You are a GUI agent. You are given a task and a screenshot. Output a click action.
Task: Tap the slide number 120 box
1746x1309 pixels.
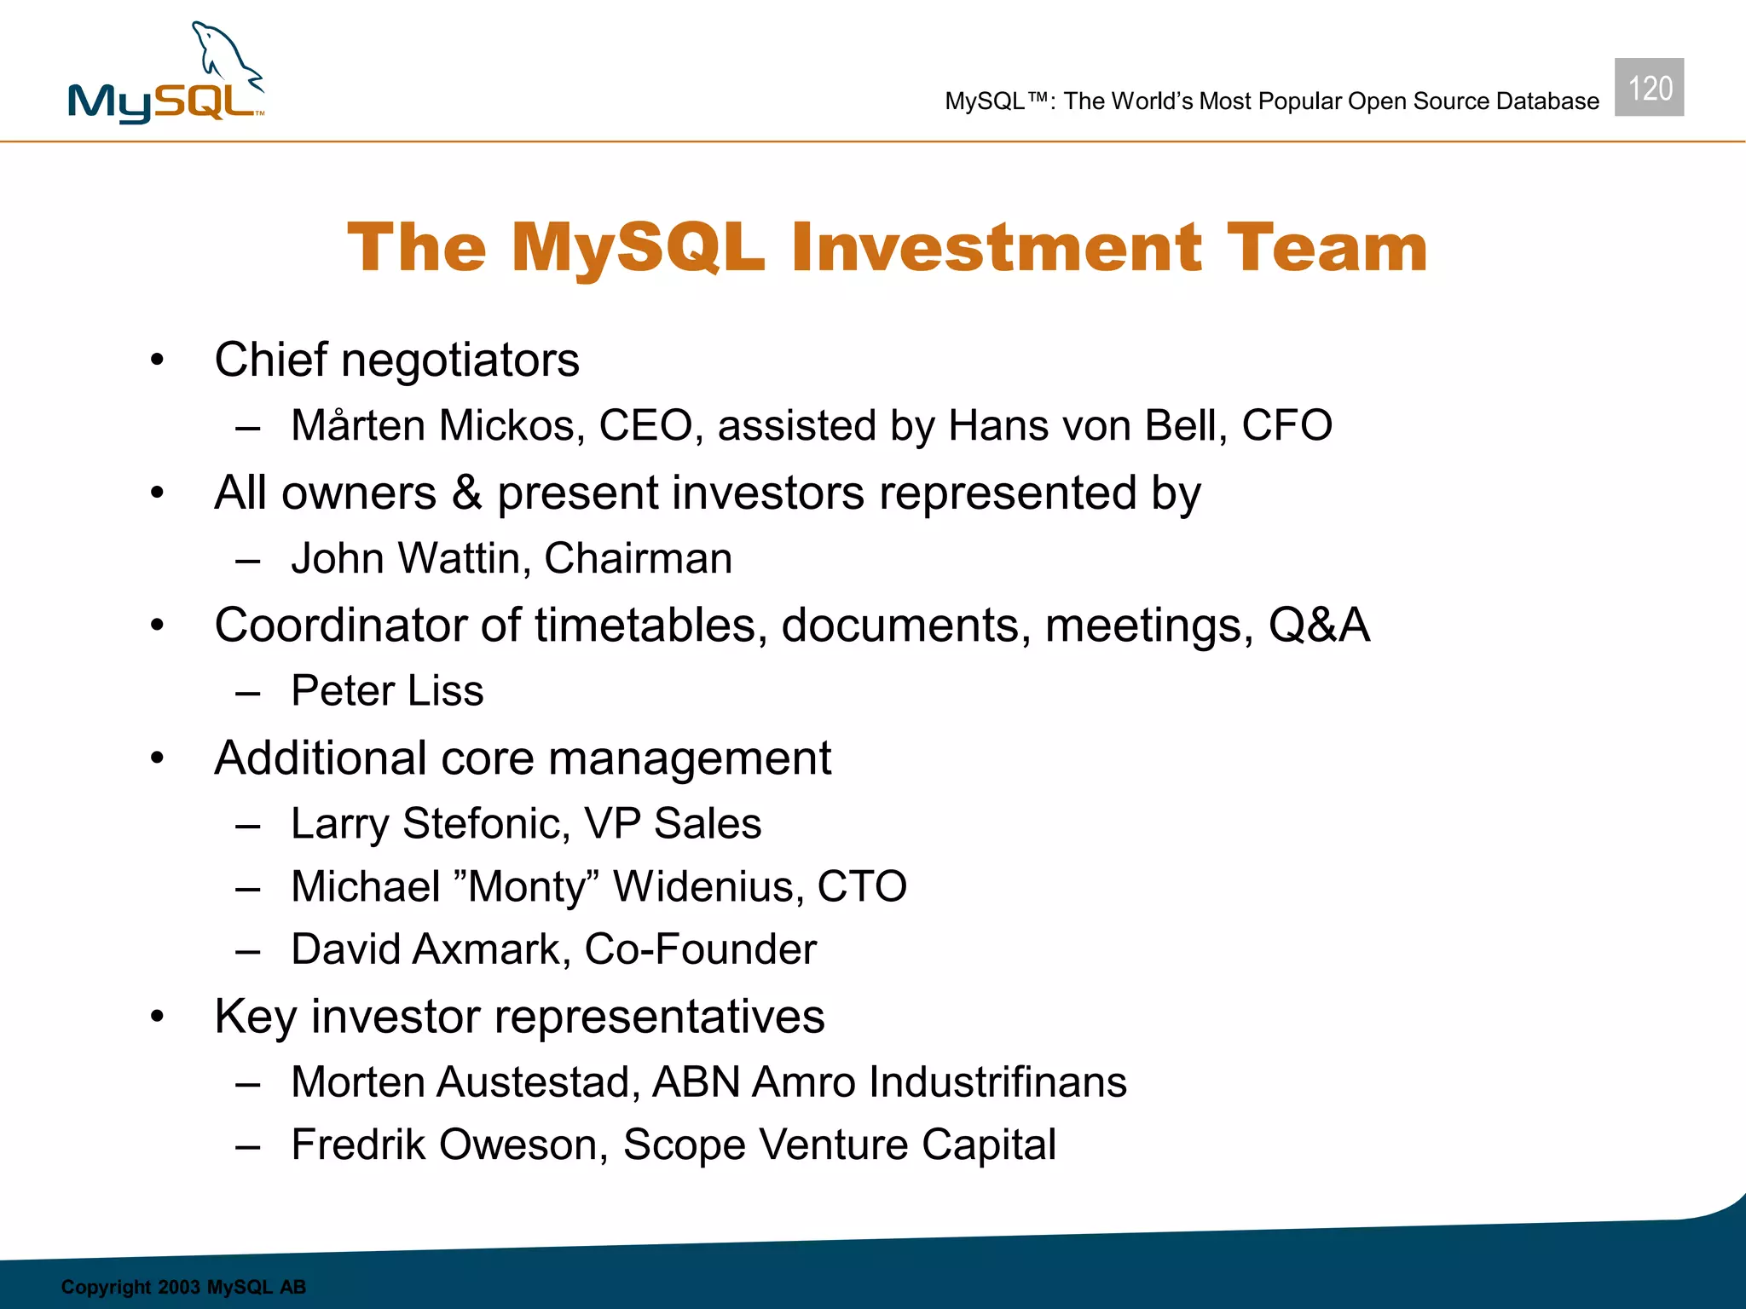point(1649,88)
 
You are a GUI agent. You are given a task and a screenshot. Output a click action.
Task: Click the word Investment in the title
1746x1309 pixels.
point(997,248)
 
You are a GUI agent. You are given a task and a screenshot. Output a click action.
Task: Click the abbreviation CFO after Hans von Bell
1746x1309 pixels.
point(1286,425)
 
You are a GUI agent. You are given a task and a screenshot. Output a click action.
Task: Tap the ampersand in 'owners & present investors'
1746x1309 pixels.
point(466,493)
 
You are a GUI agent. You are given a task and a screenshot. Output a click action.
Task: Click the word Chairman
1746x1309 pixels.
point(638,559)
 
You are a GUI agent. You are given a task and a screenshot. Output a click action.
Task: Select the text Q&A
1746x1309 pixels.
point(1318,625)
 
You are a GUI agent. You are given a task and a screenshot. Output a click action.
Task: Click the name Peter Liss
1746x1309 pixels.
point(387,690)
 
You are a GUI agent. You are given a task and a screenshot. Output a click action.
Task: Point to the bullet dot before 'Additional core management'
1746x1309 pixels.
point(157,758)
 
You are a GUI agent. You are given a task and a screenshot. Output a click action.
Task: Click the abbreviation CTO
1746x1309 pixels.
point(862,886)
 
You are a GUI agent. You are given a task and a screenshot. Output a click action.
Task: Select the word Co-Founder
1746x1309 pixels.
point(700,949)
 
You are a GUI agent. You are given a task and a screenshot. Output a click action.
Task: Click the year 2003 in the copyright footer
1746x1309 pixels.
point(179,1287)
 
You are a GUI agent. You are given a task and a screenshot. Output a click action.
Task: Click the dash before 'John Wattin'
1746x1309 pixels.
point(248,561)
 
